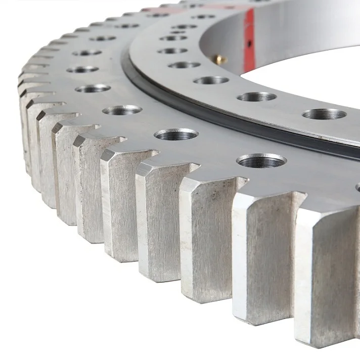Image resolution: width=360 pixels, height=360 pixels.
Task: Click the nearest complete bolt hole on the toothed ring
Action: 261,161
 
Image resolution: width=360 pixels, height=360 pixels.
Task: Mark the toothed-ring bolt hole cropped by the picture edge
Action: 357,187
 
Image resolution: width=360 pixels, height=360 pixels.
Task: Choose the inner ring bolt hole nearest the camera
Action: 324,114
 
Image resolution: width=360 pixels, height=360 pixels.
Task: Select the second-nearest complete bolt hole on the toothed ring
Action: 176,134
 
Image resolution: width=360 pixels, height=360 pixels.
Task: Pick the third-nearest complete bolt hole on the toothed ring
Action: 122,109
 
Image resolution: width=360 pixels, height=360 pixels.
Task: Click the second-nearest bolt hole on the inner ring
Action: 256,97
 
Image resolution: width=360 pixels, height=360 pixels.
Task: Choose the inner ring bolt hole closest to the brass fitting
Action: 184,65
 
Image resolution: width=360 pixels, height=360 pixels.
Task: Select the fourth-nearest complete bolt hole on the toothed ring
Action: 93,88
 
